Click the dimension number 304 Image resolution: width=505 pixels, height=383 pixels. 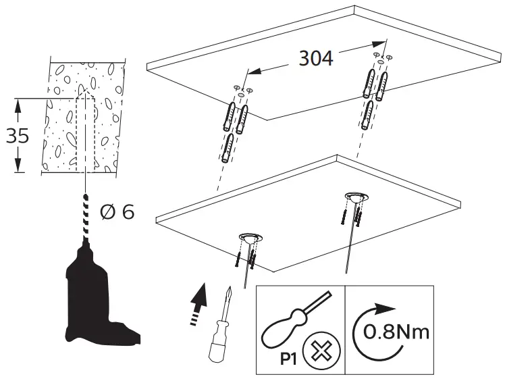tap(315, 59)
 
